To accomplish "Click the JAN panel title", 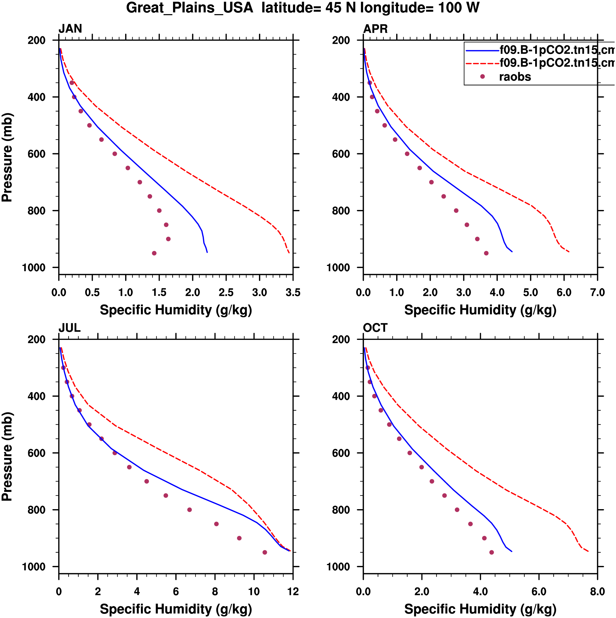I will click(x=70, y=29).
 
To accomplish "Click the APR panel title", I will click(x=375, y=29).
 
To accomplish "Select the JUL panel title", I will click(x=69, y=328).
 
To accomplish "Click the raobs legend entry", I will click(x=515, y=77).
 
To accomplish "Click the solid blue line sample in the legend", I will click(x=483, y=50).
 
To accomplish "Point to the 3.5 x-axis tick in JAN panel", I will click(x=293, y=292).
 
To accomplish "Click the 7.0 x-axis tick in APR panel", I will click(x=597, y=292).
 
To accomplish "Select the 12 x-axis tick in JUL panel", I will click(x=293, y=591).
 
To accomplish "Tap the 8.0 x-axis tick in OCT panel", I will click(x=597, y=591).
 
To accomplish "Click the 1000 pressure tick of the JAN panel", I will click(x=34, y=267).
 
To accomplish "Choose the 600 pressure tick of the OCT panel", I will click(x=341, y=453).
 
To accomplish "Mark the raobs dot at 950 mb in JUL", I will click(x=265, y=552).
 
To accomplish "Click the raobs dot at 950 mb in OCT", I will click(x=492, y=552).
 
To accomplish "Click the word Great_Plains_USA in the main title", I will click(x=190, y=8).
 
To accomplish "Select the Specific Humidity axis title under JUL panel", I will click(x=176, y=609).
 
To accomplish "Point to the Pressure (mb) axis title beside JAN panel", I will click(x=7, y=157).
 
